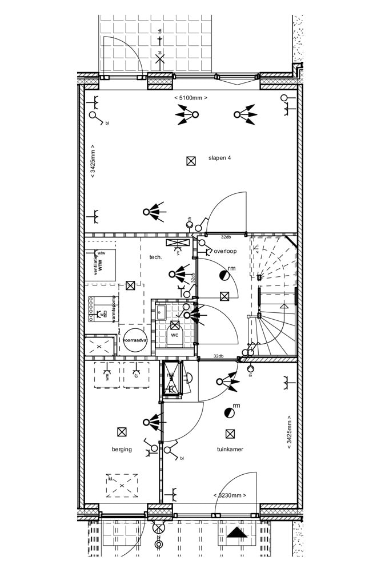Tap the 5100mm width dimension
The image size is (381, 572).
pyautogui.click(x=191, y=98)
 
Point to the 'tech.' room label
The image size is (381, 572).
pyautogui.click(x=156, y=257)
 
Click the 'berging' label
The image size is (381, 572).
pyautogui.click(x=122, y=449)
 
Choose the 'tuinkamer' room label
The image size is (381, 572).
pyautogui.click(x=230, y=449)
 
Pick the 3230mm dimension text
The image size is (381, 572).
pyautogui.click(x=230, y=495)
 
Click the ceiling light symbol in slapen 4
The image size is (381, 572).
pyautogui.click(x=191, y=161)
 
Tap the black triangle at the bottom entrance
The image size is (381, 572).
pyautogui.click(x=238, y=533)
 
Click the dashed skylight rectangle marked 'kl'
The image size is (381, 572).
pyautogui.click(x=122, y=486)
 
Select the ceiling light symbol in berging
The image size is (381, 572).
pyautogui.click(x=121, y=432)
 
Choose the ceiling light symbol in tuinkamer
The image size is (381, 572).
pyautogui.click(x=230, y=434)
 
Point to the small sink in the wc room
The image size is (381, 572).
pyautogui.click(x=161, y=312)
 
